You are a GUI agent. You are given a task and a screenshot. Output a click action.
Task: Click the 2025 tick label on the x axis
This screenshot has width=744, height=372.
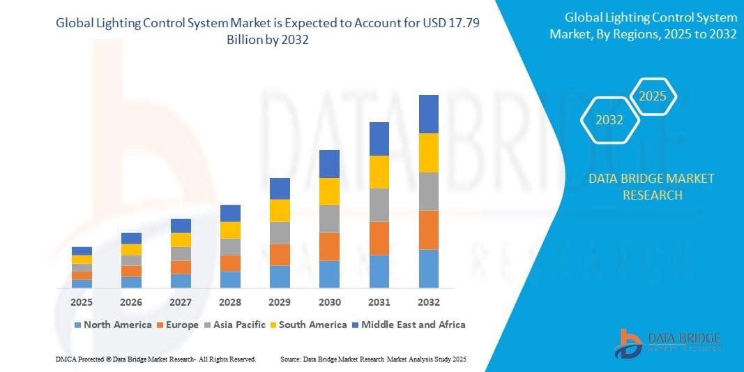point(82,302)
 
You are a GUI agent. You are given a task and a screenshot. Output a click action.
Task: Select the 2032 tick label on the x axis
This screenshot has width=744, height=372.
point(428,302)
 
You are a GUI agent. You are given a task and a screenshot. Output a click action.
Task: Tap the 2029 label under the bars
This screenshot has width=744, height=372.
point(280,302)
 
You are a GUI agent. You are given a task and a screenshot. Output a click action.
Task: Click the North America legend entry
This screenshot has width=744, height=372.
point(112,325)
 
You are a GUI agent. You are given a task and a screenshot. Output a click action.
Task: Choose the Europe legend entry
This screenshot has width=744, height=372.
point(178,325)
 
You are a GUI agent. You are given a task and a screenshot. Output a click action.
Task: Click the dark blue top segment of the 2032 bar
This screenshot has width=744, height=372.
point(428,114)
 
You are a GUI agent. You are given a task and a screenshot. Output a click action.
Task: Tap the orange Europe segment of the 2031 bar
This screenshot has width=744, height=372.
point(379,238)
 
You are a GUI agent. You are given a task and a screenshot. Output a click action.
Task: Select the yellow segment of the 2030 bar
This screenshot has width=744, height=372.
point(329,191)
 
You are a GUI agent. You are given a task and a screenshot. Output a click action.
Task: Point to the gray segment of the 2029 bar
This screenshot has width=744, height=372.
point(280,232)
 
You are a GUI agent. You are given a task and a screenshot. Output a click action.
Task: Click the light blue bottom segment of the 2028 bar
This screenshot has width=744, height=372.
point(230,279)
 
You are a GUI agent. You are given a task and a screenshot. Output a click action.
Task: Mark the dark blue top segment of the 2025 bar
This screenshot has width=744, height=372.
point(82,251)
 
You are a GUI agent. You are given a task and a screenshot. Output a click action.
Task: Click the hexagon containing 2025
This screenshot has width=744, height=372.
point(653,97)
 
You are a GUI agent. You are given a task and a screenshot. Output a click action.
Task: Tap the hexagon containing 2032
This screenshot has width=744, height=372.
point(609,120)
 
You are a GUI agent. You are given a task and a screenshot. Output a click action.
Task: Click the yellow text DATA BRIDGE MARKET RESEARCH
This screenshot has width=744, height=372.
point(651,186)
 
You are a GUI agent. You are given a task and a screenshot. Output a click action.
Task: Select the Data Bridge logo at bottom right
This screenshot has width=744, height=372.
point(667,343)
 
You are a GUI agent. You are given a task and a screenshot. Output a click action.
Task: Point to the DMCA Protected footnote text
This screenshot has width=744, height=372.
point(155,359)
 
